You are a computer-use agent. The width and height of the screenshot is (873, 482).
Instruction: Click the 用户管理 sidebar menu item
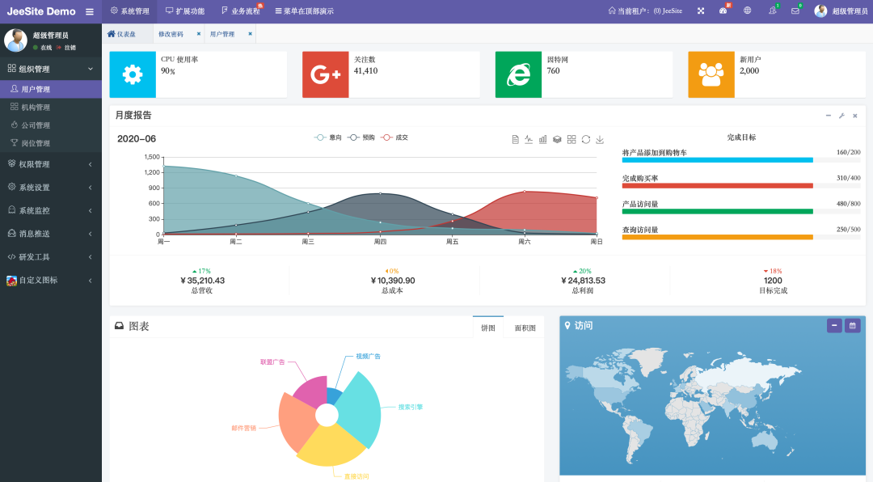coord(36,90)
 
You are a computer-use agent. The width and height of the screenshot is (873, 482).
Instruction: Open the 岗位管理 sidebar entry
coord(36,143)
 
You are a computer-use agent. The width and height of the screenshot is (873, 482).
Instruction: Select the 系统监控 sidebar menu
coord(34,210)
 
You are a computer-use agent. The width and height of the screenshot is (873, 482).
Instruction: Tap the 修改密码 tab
coord(171,34)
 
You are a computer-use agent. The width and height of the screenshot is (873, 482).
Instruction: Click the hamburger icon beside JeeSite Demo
coord(90,11)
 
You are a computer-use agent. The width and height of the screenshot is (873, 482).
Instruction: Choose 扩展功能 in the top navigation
coord(185,11)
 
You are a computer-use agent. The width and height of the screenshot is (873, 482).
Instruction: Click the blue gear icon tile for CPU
coord(133,74)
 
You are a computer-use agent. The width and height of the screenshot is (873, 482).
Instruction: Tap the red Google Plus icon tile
coord(325,74)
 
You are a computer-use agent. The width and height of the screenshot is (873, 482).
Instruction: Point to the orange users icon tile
coord(711,74)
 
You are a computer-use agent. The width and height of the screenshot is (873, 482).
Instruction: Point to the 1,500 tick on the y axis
coord(152,157)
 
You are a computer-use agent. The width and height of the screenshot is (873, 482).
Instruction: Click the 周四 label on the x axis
coord(380,242)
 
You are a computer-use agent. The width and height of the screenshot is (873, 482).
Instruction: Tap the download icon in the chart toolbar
coord(600,139)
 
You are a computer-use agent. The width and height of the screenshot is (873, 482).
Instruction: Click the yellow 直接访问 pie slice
coord(331,445)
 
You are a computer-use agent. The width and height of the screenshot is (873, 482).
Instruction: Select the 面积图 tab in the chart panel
coord(525,328)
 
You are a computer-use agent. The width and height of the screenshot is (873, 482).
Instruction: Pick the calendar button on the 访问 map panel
coord(852,325)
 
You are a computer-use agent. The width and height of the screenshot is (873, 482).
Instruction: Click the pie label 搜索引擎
coord(410,407)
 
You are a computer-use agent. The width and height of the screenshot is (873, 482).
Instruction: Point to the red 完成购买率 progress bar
coord(717,186)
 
